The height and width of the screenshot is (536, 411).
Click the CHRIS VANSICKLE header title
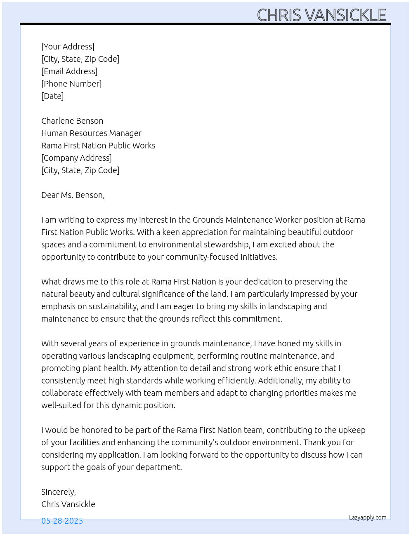(321, 15)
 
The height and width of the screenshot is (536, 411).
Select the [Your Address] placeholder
(68, 47)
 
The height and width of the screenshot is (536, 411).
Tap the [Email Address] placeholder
(69, 71)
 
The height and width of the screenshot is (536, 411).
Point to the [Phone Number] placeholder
(71, 84)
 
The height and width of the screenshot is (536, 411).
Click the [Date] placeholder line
(52, 96)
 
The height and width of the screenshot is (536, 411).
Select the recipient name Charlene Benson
(72, 121)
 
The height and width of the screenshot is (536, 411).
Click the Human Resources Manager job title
(91, 133)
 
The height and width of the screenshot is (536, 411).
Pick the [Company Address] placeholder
(76, 158)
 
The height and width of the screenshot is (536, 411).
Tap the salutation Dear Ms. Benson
(73, 195)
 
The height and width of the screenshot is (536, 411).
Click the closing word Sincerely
(58, 492)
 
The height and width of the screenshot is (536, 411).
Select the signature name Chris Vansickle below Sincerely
(68, 504)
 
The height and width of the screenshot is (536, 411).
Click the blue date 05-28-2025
(62, 521)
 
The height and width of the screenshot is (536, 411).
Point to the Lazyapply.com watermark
(368, 517)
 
